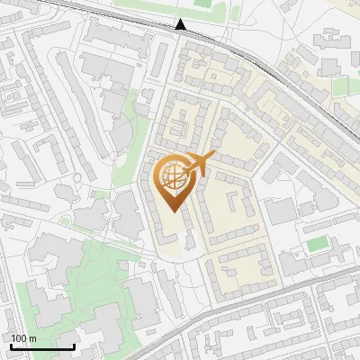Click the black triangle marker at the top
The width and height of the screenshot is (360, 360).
(181, 25)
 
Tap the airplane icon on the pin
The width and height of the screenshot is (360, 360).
(201, 163)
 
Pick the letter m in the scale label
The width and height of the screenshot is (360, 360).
(33, 338)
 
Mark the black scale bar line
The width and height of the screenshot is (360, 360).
(42, 346)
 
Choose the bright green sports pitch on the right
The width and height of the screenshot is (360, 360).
(317, 243)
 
